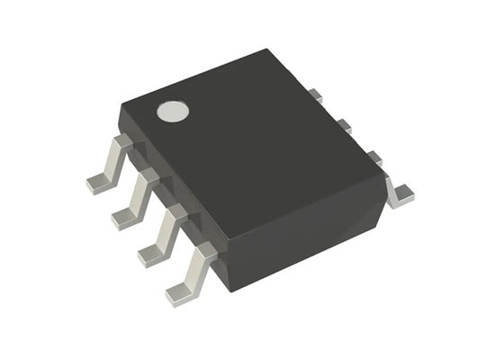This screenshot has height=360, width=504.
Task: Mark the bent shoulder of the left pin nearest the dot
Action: pyautogui.click(x=121, y=144)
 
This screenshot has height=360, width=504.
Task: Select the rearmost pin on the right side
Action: pyautogui.click(x=315, y=94)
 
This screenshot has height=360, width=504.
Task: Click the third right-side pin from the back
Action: pyautogui.click(x=373, y=158)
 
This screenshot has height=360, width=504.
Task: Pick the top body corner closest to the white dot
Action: pyautogui.click(x=121, y=108)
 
